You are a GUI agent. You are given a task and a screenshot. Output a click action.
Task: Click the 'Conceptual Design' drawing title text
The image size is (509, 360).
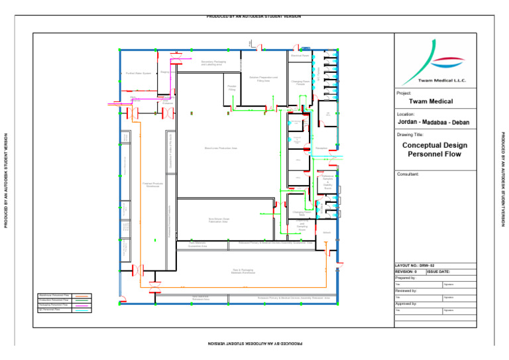click(435, 145)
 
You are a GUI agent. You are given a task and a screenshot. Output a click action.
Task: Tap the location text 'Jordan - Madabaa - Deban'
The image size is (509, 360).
click(434, 123)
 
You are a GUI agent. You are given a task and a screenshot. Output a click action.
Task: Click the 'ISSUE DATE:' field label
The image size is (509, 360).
click(439, 272)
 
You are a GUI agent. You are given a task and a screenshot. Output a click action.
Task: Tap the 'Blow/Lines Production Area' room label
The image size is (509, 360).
click(221, 149)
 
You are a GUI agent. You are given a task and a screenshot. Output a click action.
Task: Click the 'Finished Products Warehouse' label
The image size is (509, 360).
click(152, 184)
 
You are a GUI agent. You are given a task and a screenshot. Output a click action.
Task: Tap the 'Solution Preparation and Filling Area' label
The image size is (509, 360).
click(263, 79)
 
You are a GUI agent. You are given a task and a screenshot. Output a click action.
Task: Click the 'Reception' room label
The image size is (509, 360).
click(322, 148)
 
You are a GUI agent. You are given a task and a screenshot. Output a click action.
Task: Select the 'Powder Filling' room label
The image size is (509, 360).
click(232, 88)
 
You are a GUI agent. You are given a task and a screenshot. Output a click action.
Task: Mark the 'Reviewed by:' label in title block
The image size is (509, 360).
click(406, 290)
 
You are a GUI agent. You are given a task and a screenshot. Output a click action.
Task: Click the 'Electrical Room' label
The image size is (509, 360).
click(300, 56)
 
